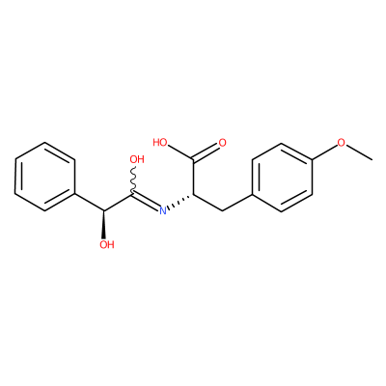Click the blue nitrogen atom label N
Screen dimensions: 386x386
click(163, 211)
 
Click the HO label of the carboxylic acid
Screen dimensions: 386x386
click(160, 143)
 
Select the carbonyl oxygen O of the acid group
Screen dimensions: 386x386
click(222, 143)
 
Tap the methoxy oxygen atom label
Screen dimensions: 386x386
click(341, 143)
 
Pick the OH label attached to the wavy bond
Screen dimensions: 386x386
click(137, 159)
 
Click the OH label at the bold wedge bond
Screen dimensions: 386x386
click(107, 245)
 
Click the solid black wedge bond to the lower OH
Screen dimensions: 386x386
click(104, 225)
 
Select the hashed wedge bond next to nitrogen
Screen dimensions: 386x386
click(181, 201)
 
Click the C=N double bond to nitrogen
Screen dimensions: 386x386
click(146, 202)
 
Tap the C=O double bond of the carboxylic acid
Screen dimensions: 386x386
click(207, 152)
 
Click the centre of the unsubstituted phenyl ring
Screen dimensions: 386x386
click(44, 177)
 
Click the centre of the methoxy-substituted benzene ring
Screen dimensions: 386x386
click(282, 177)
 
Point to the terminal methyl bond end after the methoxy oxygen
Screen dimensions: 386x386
click(372, 159)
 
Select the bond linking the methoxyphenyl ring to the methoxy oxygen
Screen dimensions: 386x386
click(324, 152)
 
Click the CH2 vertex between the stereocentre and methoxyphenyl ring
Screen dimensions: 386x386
click(223, 211)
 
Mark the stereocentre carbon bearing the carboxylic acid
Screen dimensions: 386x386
click(193, 194)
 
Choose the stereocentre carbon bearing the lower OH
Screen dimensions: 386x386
click(104, 211)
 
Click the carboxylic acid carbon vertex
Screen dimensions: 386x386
click(193, 159)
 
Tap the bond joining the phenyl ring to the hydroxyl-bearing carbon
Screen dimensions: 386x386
click(90, 203)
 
